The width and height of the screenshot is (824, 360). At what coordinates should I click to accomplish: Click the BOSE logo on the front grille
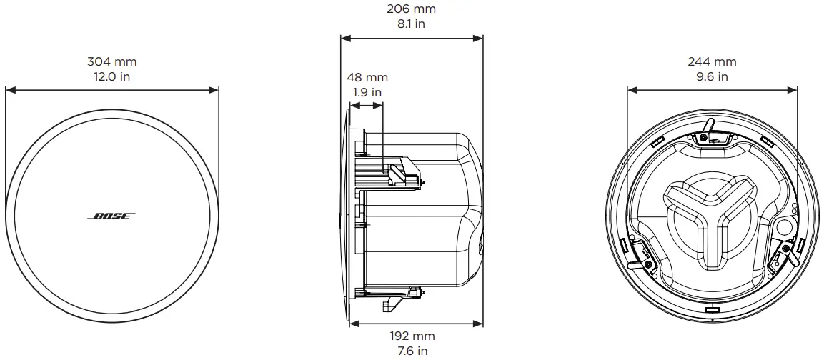(111, 216)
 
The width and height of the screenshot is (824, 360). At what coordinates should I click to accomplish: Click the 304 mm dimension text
(111, 62)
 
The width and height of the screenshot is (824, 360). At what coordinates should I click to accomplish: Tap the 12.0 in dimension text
(111, 76)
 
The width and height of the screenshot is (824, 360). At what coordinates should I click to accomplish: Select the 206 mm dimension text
(411, 9)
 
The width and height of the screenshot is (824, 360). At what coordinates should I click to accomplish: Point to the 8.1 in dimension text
(411, 24)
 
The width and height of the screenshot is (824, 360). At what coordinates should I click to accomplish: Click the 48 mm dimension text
(367, 77)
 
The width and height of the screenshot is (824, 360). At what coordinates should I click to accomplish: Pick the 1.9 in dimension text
(367, 91)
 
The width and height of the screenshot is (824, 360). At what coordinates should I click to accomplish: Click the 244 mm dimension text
(712, 62)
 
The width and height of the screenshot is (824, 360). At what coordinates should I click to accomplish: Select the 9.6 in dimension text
(712, 76)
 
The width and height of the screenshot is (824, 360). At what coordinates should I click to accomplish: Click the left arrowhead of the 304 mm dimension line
(9, 90)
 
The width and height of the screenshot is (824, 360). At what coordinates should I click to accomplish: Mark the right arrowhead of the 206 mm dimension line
(480, 38)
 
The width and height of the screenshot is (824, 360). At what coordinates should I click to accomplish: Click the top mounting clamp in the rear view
(708, 132)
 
